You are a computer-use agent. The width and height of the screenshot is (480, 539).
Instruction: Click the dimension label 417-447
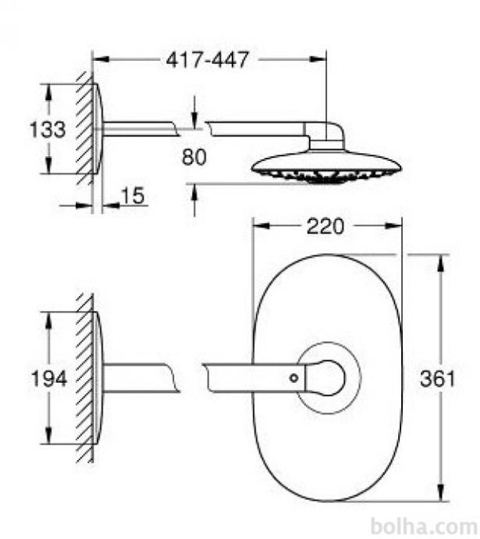[207, 60]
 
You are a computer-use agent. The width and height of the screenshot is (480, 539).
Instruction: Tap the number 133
[48, 129]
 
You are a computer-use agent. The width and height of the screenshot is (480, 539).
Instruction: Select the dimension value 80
[194, 157]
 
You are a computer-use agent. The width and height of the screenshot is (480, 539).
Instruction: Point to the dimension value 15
[133, 196]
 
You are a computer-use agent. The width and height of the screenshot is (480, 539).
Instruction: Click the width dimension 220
[325, 227]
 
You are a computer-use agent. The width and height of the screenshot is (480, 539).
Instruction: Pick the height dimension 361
[437, 378]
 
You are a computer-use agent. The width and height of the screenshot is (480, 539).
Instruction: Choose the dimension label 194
[48, 378]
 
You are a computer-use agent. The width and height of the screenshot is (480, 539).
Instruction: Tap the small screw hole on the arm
[294, 378]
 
